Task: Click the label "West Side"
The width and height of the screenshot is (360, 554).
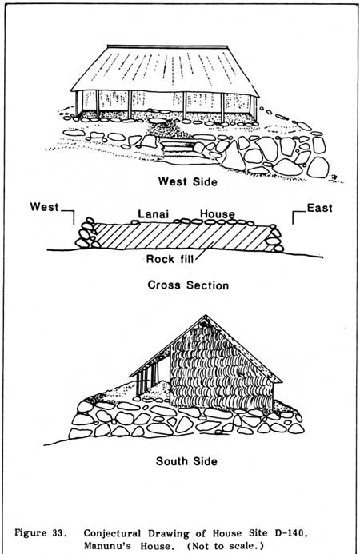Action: tap(187, 181)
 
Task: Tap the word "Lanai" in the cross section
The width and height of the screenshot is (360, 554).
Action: tap(153, 214)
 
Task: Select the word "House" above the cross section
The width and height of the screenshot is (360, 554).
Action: tap(217, 214)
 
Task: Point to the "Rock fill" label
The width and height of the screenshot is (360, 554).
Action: tap(170, 259)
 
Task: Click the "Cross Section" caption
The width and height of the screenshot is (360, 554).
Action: tap(188, 285)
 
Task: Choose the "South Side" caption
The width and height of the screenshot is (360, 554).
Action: tap(186, 461)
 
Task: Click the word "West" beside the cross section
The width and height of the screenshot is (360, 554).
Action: tap(44, 207)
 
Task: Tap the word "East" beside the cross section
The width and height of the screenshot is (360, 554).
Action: tap(320, 208)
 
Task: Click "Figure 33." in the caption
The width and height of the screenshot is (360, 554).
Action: tap(41, 532)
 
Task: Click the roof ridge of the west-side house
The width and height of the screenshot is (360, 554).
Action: tap(167, 46)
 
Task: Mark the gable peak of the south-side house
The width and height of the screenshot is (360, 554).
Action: tap(205, 315)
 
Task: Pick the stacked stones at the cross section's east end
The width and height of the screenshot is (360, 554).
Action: tap(274, 238)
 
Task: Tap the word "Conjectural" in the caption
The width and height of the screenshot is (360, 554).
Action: tap(112, 532)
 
